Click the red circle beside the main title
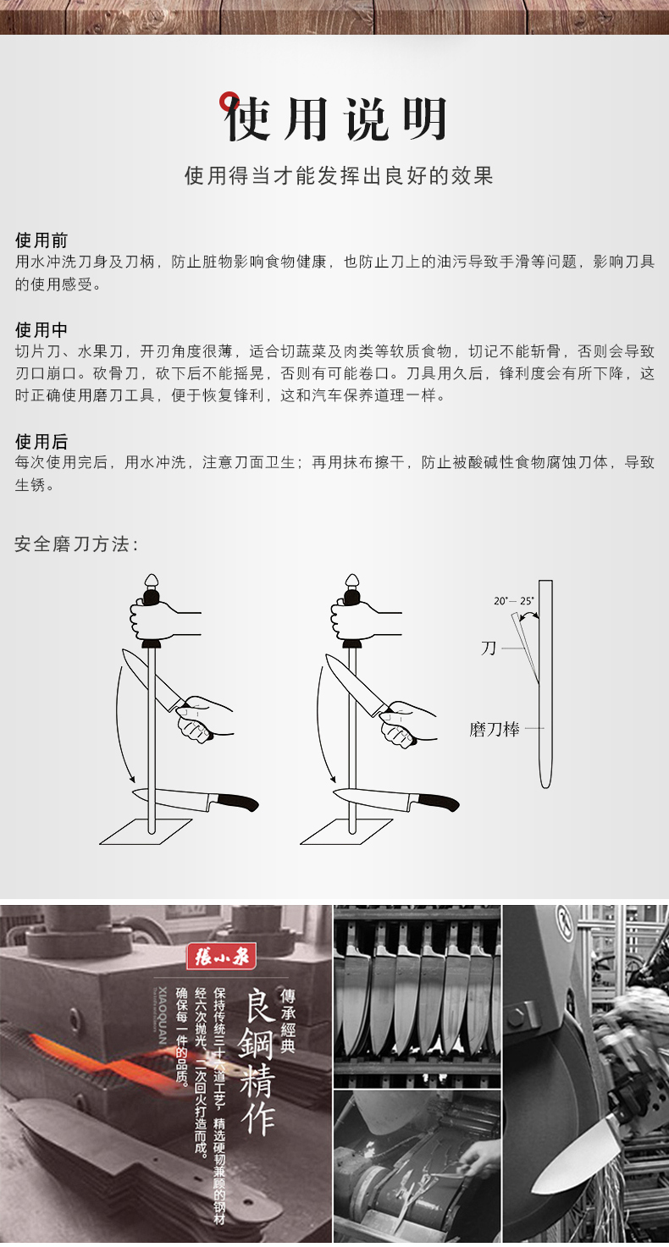click(229, 101)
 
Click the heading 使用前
click(41, 240)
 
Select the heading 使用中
click(41, 329)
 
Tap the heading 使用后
click(41, 441)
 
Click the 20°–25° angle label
click(513, 601)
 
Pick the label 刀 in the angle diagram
click(489, 648)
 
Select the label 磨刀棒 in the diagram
click(495, 729)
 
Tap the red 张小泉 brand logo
click(222, 957)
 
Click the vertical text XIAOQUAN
click(162, 1015)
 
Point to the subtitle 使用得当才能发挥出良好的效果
click(339, 175)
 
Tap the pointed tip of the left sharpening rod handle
click(152, 575)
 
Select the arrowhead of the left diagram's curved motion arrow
click(131, 777)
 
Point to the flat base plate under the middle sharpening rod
click(346, 831)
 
